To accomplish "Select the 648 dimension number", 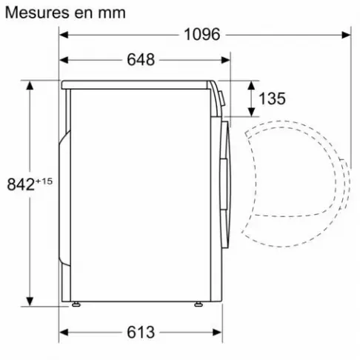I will click(x=140, y=60).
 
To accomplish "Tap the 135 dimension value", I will click(x=273, y=99).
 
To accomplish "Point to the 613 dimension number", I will click(x=140, y=331).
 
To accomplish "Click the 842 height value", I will click(x=20, y=184).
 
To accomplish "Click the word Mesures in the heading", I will click(x=34, y=13).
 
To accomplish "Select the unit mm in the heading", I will click(x=110, y=13).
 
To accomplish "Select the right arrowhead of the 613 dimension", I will click(x=218, y=331).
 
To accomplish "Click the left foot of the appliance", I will click(x=76, y=304).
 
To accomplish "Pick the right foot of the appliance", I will click(x=199, y=304).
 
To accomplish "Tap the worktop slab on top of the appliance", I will click(x=137, y=84).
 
